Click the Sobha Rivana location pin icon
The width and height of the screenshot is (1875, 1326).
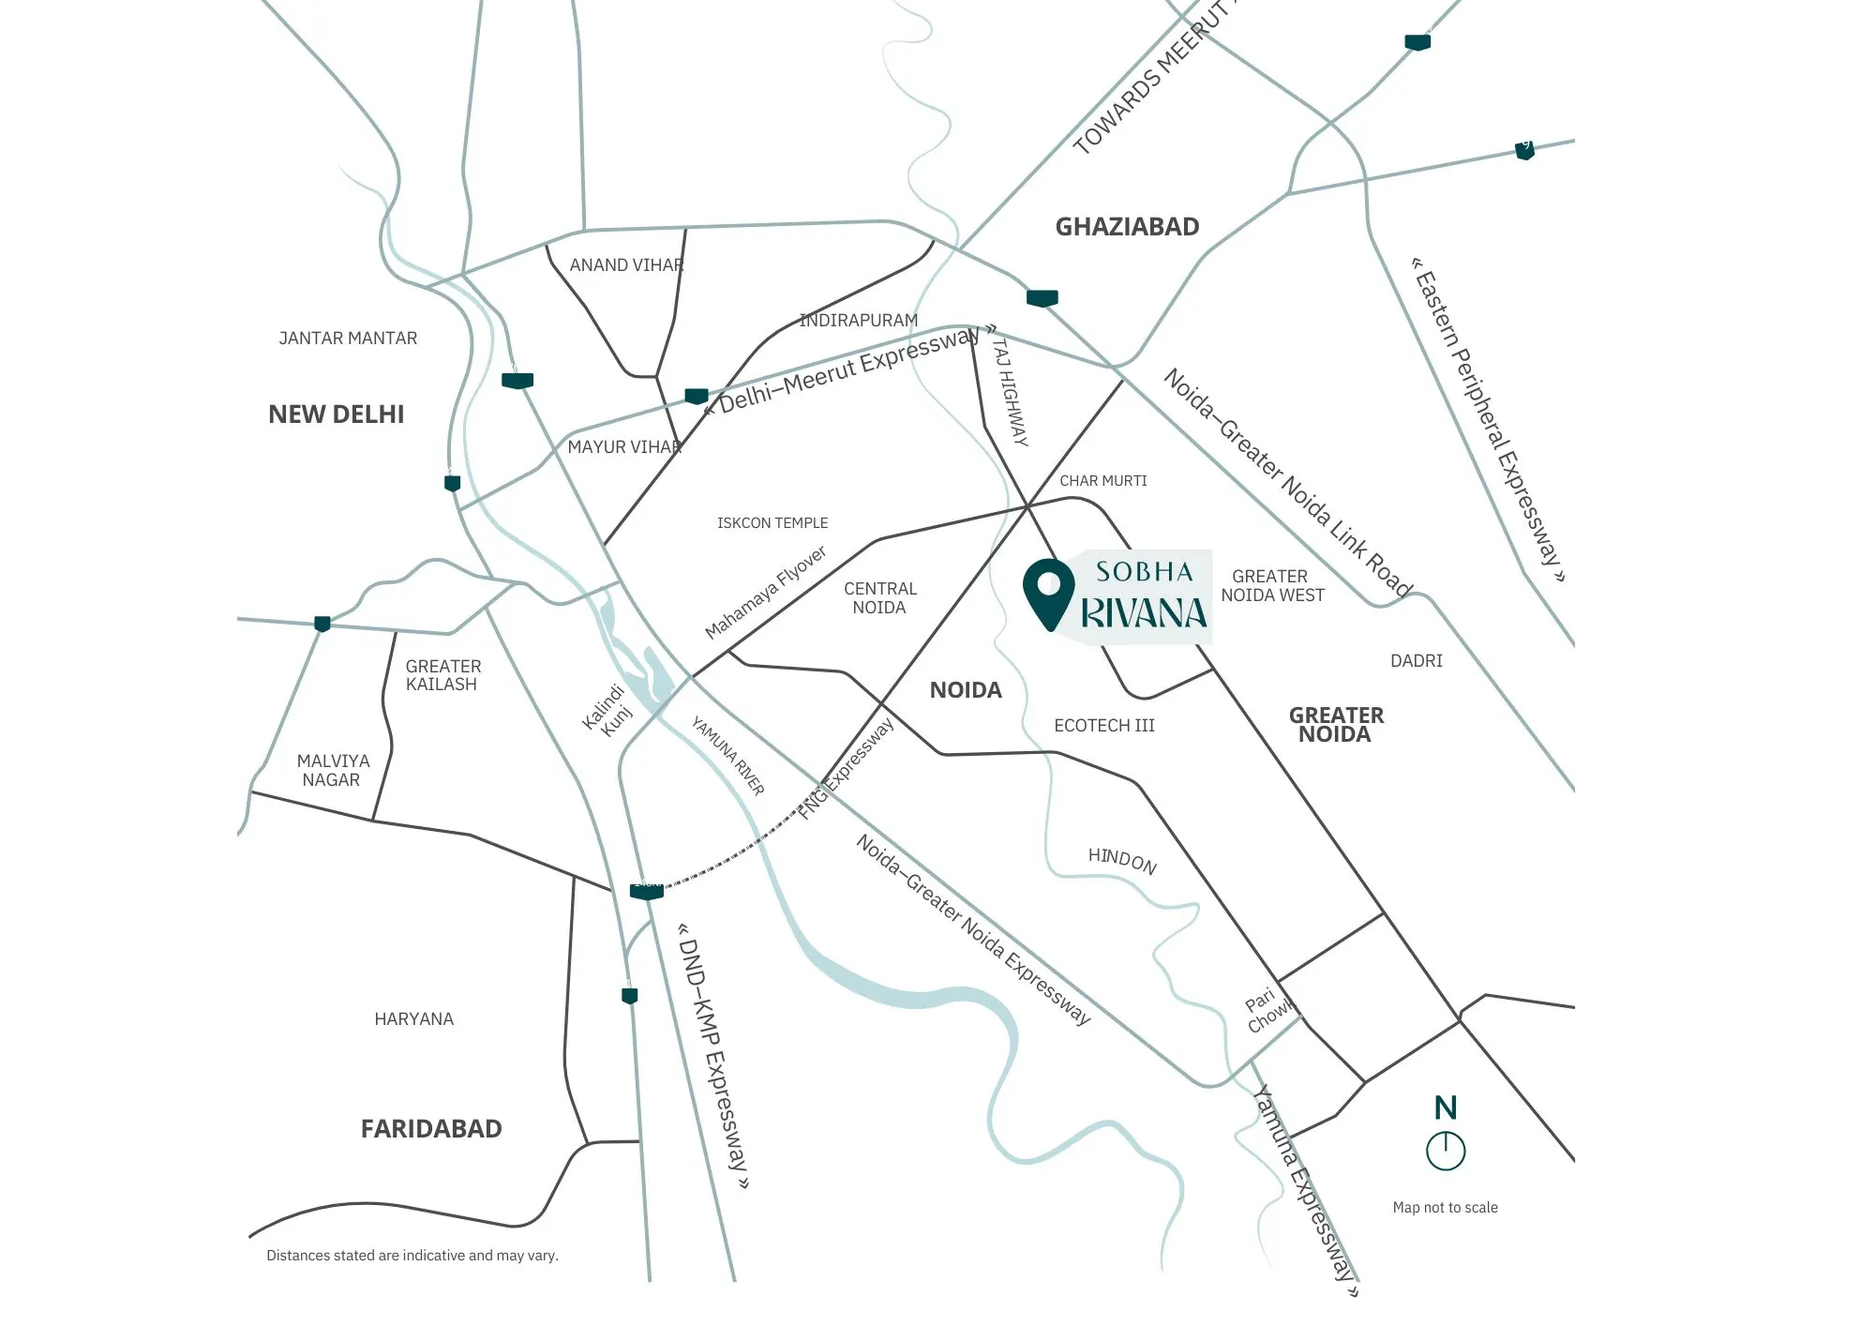tap(1048, 591)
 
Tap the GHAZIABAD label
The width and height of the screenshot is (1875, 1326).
tap(1127, 227)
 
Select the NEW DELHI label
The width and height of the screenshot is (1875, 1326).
tap(336, 414)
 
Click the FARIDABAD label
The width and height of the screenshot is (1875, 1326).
tap(431, 1128)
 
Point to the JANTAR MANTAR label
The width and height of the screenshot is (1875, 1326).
tap(348, 339)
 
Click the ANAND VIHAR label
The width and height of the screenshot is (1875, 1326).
tap(626, 265)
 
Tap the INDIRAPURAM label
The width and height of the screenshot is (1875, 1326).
tap(858, 321)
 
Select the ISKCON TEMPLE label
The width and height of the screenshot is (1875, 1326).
tap(772, 523)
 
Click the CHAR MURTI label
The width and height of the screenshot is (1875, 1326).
tap(1102, 481)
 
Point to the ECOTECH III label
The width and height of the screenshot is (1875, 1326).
tap(1103, 726)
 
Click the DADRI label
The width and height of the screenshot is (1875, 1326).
tap(1416, 661)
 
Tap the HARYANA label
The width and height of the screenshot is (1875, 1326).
tap(413, 1019)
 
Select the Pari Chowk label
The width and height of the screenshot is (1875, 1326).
tap(1267, 1011)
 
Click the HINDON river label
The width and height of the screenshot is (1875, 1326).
tap(1121, 860)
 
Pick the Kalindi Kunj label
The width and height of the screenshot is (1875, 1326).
tap(608, 711)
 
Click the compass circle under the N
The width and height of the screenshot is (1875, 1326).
tap(1445, 1151)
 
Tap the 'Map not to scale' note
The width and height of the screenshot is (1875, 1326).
tap(1445, 1208)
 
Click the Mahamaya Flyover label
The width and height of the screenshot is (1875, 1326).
tap(765, 593)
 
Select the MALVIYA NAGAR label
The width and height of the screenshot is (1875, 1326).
tap(332, 771)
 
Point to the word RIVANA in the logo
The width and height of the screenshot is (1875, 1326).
tap(1144, 613)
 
